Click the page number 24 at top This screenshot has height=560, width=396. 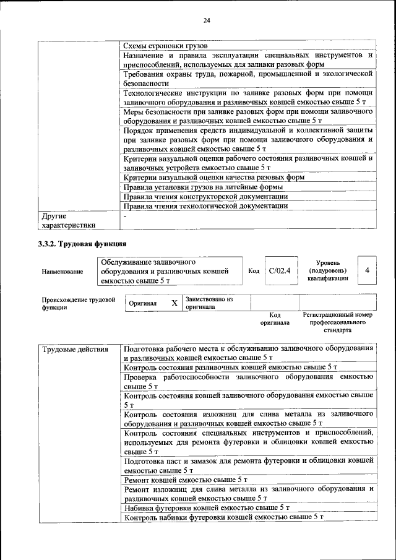tap(207, 20)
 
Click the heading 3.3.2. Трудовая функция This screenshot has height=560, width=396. tap(82, 244)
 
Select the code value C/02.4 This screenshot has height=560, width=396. tap(280, 270)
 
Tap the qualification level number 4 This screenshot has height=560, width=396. tap(368, 270)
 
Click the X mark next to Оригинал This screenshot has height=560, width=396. tap(174, 303)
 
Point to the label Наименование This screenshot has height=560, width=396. tap(62, 272)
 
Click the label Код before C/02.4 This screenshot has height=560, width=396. tap(254, 271)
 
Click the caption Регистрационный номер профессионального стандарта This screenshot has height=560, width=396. tap(338, 322)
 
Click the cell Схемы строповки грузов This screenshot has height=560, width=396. tap(165, 46)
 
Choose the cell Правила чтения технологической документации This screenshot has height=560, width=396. tap(205, 205)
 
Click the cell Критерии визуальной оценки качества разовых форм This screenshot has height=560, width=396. tap(214, 177)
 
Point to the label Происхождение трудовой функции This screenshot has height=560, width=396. tap(79, 303)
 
